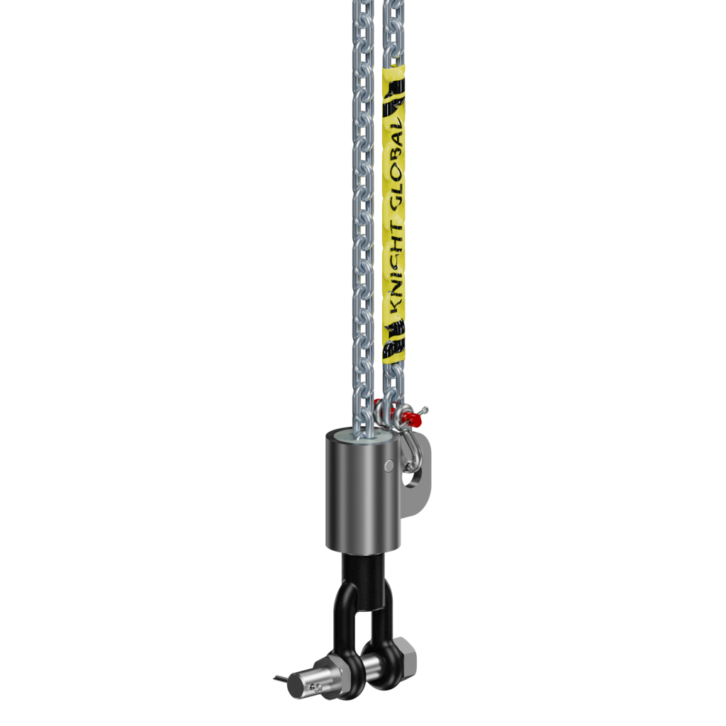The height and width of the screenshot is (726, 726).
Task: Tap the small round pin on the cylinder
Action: pyautogui.click(x=389, y=465)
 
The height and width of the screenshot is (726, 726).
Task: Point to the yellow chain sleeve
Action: pyautogui.click(x=396, y=213)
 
